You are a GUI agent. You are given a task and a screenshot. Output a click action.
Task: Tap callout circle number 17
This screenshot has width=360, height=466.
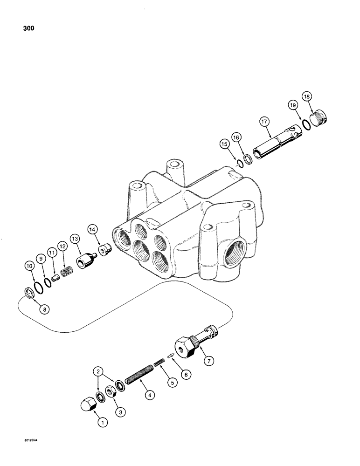(x=265, y=123)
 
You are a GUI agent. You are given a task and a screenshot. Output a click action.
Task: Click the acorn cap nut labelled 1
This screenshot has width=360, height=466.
(x=87, y=404)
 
